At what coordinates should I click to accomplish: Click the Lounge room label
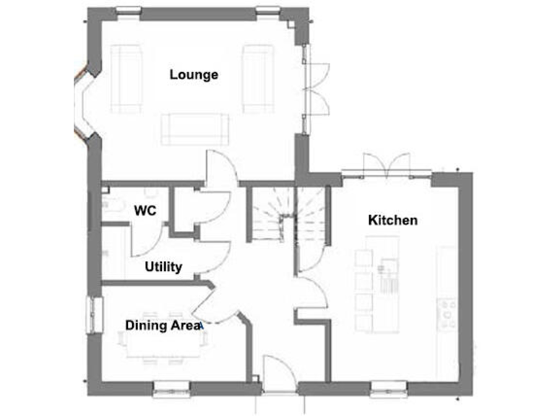tap(194, 74)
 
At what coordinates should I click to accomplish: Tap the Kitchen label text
tap(392, 220)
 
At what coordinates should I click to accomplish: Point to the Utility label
tap(163, 266)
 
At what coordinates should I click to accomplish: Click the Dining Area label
tap(163, 325)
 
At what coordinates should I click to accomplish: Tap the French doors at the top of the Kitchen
tap(387, 166)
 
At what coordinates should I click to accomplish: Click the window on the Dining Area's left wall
tap(92, 315)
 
